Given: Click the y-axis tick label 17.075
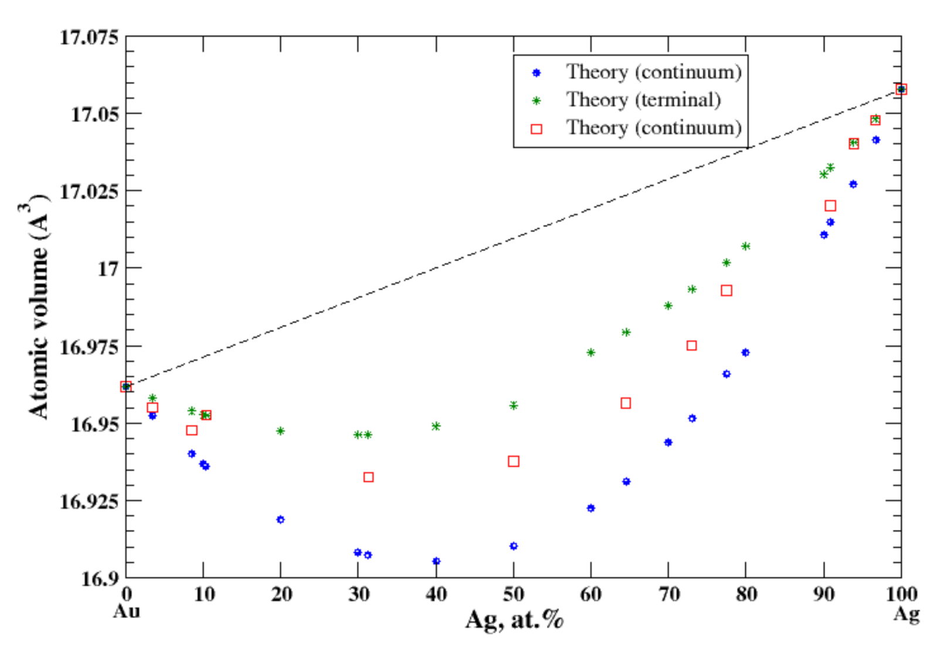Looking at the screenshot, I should (x=88, y=38).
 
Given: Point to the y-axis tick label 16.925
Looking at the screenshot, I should (x=88, y=501).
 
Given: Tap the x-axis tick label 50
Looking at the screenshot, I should (x=513, y=594).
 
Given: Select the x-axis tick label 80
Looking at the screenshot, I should (x=746, y=594).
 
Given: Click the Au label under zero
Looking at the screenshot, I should (x=126, y=611).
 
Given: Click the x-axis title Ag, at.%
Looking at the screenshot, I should (x=514, y=620).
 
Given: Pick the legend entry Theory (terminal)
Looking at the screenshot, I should (x=643, y=100).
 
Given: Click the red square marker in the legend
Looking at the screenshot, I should (x=536, y=129).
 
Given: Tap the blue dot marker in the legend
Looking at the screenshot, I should (x=536, y=73).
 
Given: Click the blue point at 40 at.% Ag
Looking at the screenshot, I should (x=436, y=561).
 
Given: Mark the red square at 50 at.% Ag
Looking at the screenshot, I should (x=514, y=461).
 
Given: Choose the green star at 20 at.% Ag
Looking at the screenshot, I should (x=280, y=431).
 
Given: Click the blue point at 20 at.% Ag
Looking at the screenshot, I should (x=280, y=519).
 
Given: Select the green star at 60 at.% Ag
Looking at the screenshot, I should (x=591, y=352).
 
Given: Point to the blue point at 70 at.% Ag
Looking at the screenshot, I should (x=668, y=442).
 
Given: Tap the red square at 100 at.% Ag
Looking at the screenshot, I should (x=901, y=89).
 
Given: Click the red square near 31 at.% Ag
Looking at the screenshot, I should (x=368, y=477).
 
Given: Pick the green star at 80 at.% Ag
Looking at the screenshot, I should (x=746, y=246).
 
